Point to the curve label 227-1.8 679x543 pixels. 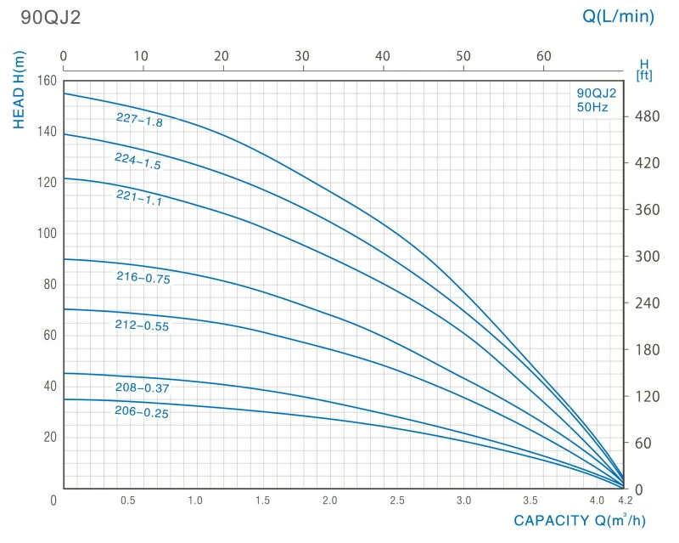(x=139, y=120)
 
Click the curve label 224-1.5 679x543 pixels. (x=137, y=161)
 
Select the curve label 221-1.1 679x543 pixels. (x=138, y=198)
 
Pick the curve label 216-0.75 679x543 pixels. (x=143, y=278)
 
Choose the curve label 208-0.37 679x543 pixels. (x=142, y=388)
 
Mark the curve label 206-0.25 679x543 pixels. (x=141, y=412)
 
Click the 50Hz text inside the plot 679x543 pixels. (x=592, y=107)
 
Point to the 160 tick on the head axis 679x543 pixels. (x=46, y=82)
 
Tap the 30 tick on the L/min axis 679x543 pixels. (x=302, y=56)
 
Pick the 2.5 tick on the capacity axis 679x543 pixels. (x=396, y=501)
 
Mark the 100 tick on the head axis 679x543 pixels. (x=46, y=234)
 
